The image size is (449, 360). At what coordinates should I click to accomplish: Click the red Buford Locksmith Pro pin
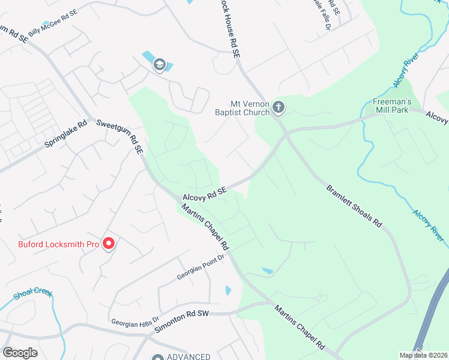pos(109,243)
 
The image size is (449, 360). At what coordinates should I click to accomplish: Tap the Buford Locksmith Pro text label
pos(58,244)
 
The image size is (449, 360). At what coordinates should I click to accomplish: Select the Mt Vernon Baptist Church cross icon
pos(278,107)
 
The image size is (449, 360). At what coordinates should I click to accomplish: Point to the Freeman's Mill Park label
pos(392,106)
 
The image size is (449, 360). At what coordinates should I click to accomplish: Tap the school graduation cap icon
pos(159,64)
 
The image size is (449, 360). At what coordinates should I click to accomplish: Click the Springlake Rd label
pos(66,136)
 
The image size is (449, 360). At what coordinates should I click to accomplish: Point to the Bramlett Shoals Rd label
pos(354,205)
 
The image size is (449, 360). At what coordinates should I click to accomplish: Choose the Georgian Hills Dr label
pos(134,321)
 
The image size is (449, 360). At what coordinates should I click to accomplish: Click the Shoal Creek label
pos(33,295)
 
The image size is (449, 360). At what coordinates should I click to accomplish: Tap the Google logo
pos(20,352)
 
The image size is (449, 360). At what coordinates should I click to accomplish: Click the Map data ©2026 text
pos(423,355)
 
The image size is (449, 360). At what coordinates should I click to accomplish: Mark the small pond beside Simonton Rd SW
pos(228,290)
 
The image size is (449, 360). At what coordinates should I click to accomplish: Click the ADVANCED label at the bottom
pos(188,356)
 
